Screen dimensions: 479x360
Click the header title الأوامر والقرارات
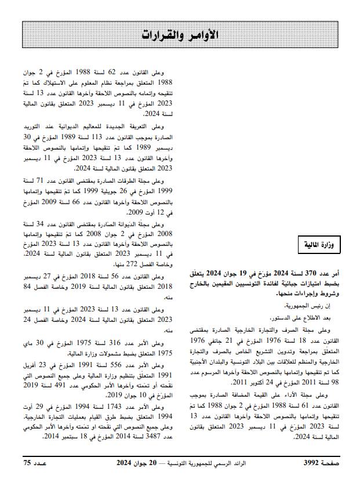(x=179, y=34)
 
